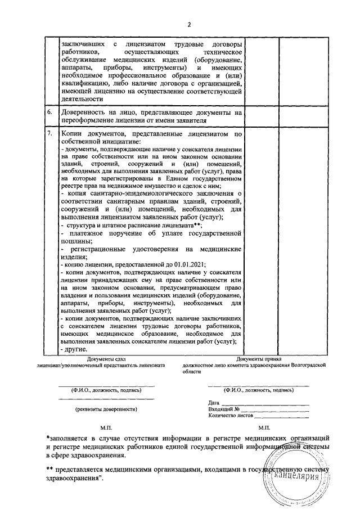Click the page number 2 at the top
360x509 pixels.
190,24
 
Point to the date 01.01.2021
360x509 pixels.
190,264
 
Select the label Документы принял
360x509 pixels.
259,358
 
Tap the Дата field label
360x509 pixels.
213,403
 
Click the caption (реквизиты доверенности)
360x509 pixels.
106,409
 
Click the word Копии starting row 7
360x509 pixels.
74,134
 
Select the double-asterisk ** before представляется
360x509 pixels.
49,468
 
